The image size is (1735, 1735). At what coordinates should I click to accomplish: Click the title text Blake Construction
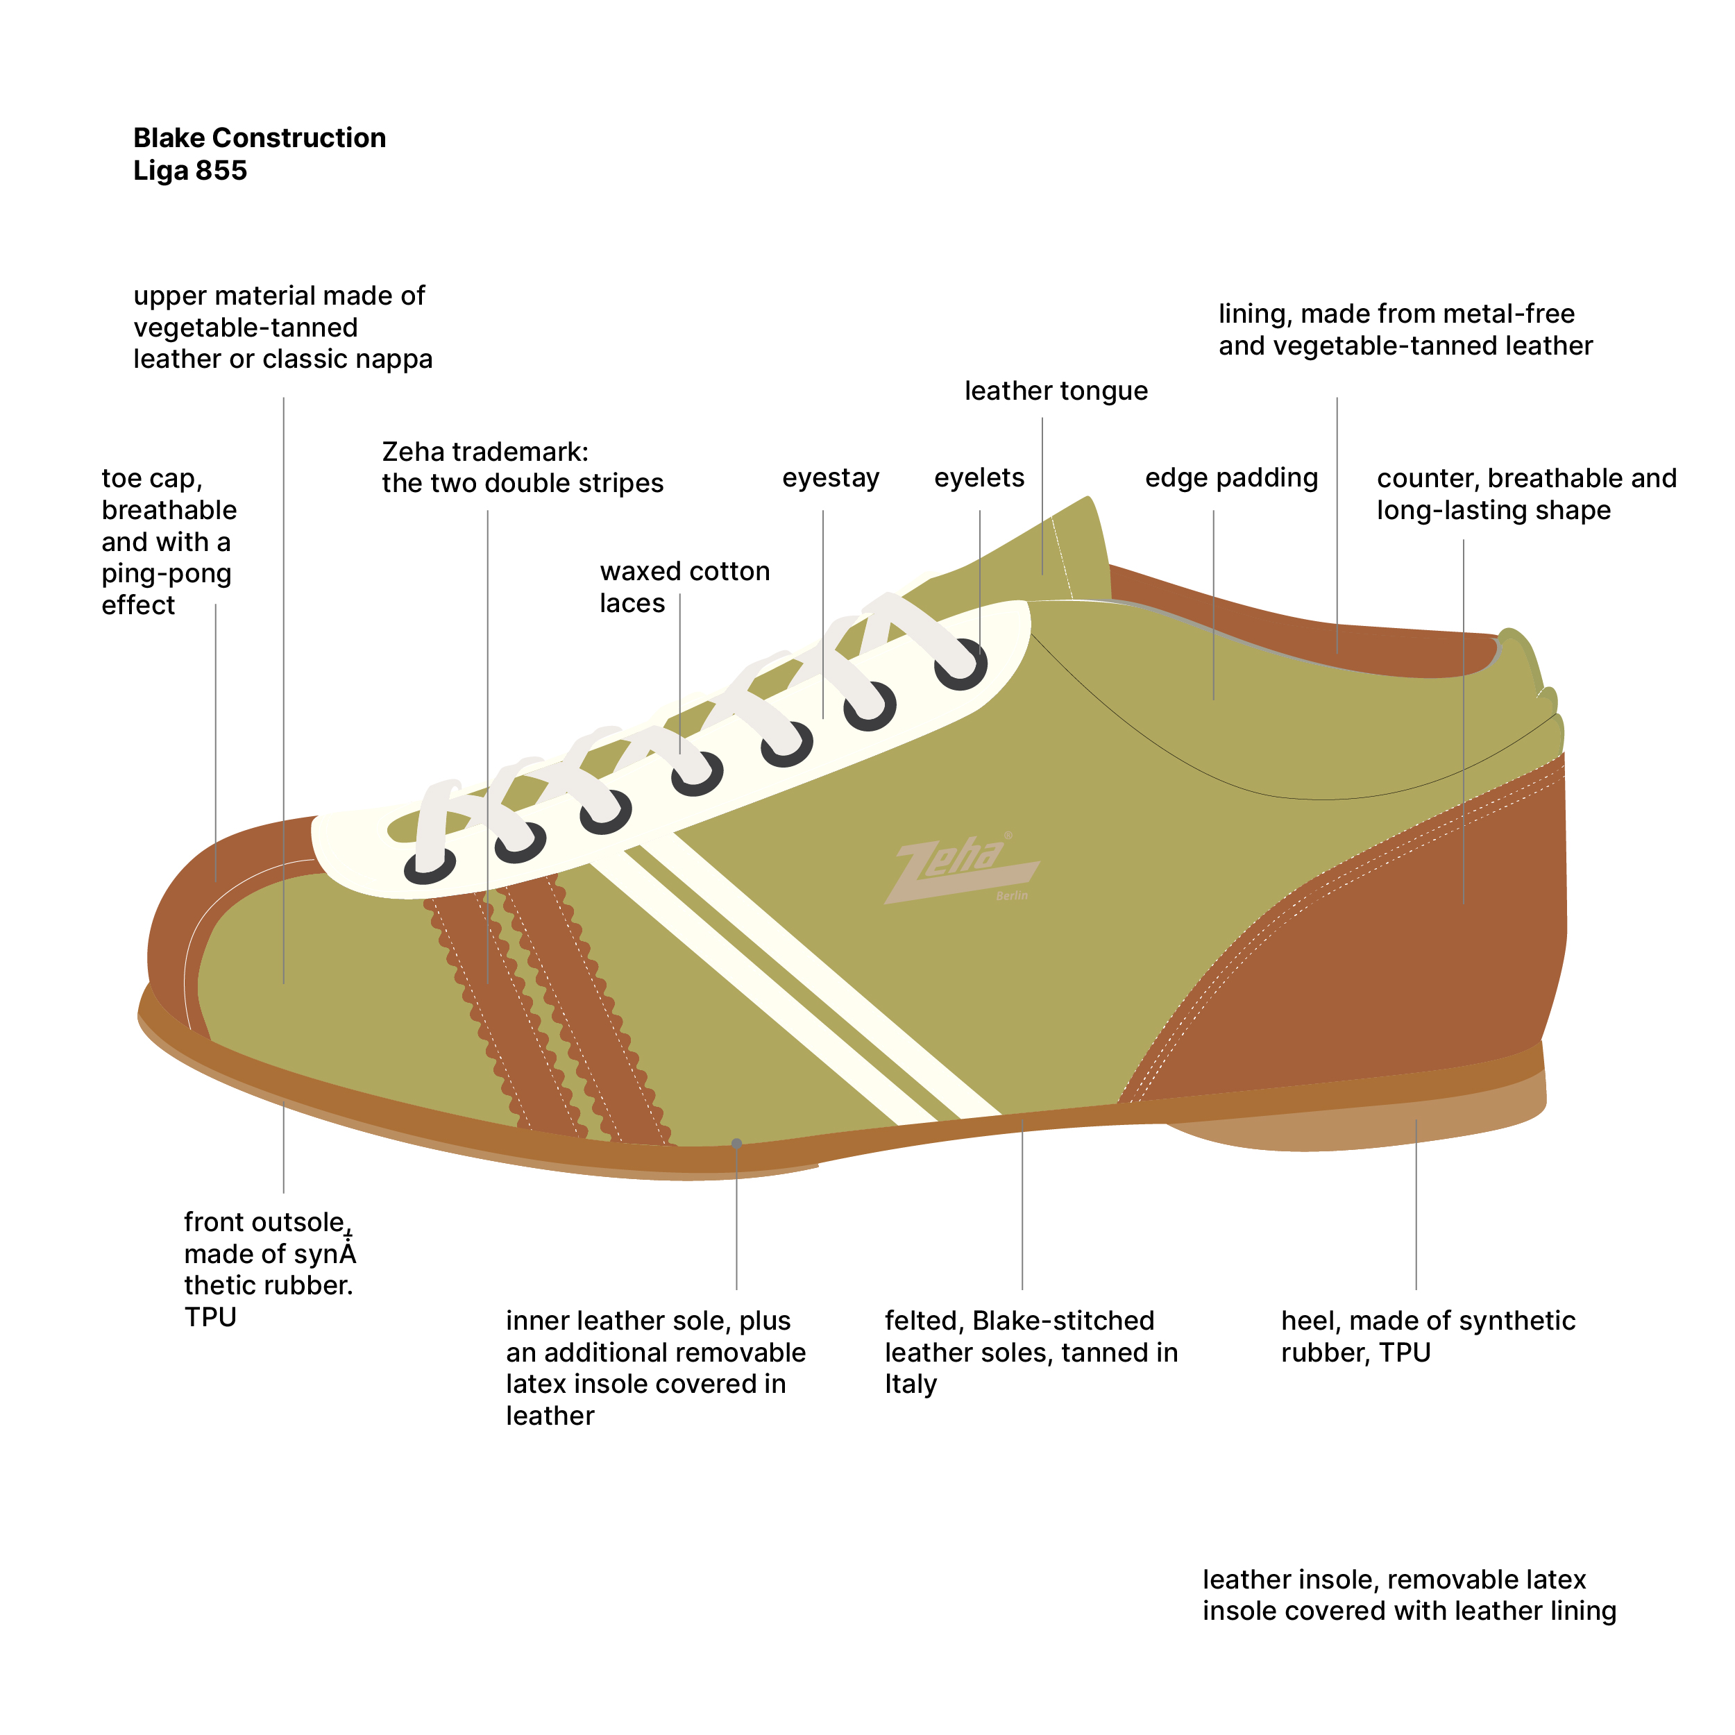coord(260,137)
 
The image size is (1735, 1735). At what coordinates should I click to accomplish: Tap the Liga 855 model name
coord(189,171)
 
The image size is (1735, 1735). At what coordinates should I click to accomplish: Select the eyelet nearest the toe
coord(430,867)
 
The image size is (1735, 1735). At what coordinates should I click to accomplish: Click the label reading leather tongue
coord(1056,391)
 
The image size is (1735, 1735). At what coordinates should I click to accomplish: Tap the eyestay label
coord(831,477)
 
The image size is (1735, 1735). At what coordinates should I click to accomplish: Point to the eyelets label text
coord(979,477)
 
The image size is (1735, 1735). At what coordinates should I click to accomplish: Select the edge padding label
coord(1231,477)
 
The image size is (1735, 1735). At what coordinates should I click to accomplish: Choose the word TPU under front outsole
coord(210,1317)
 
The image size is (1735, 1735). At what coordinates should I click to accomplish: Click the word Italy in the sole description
coord(911,1384)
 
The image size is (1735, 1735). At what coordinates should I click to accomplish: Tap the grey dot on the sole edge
coord(736,1143)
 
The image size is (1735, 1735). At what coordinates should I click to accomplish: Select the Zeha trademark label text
coord(522,468)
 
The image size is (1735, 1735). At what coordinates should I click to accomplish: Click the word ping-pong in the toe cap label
coord(166,574)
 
